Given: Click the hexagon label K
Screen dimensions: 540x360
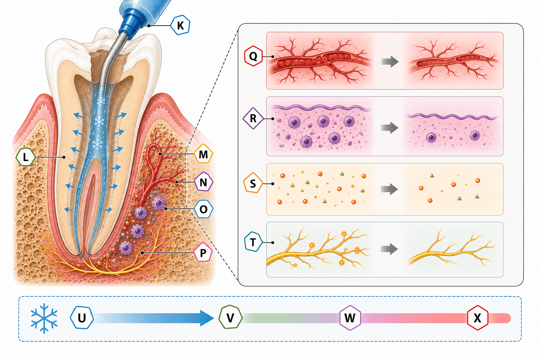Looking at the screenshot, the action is pos(180,25).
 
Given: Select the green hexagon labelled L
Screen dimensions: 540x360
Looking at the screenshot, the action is pos(26,157).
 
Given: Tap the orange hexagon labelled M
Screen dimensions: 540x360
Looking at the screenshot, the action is pos(203,154).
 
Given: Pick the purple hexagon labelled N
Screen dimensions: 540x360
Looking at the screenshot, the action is pos(204,182).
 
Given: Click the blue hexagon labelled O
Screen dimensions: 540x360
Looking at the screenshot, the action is pos(204,209).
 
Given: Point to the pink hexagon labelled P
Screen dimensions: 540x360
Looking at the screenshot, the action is pos(203,252).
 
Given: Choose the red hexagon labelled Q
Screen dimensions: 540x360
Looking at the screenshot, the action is pos(253,56).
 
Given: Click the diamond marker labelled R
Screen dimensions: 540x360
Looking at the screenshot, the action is pos(253,118).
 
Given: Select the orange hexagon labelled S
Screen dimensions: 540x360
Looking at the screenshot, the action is pos(253,183).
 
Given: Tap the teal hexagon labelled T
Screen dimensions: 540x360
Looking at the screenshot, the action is pos(253,242).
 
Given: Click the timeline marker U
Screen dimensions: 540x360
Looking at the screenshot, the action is pos(82,317).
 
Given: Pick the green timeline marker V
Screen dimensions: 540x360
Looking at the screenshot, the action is pos(231,317).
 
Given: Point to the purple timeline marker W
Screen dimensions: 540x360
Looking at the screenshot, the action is pos(350,317).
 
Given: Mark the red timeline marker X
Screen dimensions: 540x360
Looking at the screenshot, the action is pos(477,317).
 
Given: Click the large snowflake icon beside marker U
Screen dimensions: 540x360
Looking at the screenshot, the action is pos(44,318).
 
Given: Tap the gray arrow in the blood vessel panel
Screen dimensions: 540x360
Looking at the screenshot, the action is pos(390,62).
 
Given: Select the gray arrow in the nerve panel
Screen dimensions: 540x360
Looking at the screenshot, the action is pos(389,249).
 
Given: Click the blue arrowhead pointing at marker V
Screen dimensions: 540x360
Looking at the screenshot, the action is pos(207,318).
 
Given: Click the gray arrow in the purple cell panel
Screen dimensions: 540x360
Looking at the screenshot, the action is pos(390,128).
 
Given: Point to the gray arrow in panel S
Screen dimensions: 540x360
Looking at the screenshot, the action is pos(389,189).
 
